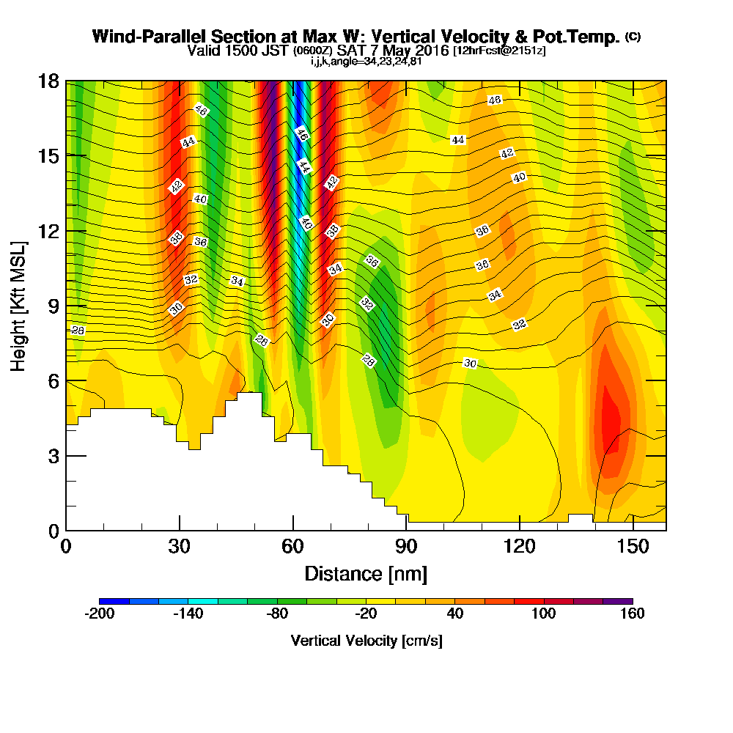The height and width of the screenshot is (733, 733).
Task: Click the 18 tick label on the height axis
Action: point(48,81)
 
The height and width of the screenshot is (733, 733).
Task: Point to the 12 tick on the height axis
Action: point(48,231)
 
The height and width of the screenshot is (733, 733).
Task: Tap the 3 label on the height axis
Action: point(54,456)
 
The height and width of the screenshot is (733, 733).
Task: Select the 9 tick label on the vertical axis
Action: point(54,306)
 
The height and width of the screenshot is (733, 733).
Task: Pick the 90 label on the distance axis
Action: point(406,547)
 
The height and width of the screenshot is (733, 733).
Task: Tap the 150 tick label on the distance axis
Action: point(633,547)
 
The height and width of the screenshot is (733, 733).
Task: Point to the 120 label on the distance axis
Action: point(519,547)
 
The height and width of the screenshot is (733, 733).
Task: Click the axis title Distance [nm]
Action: point(366,573)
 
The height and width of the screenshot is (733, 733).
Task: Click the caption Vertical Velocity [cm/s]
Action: point(366,641)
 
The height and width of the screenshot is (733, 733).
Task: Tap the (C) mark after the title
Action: point(633,36)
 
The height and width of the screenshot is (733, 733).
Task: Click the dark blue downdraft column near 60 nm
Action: point(298,110)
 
